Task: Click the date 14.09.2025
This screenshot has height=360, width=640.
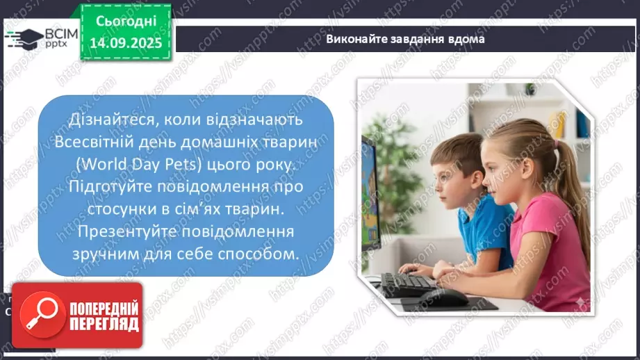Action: pyautogui.click(x=125, y=41)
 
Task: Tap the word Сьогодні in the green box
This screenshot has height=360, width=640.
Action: pyautogui.click(x=125, y=21)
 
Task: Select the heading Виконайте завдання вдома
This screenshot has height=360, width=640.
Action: pyautogui.click(x=405, y=40)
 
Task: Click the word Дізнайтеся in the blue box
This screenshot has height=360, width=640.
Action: pyautogui.click(x=109, y=120)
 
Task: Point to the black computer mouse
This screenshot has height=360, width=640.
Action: pyautogui.click(x=445, y=297)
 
